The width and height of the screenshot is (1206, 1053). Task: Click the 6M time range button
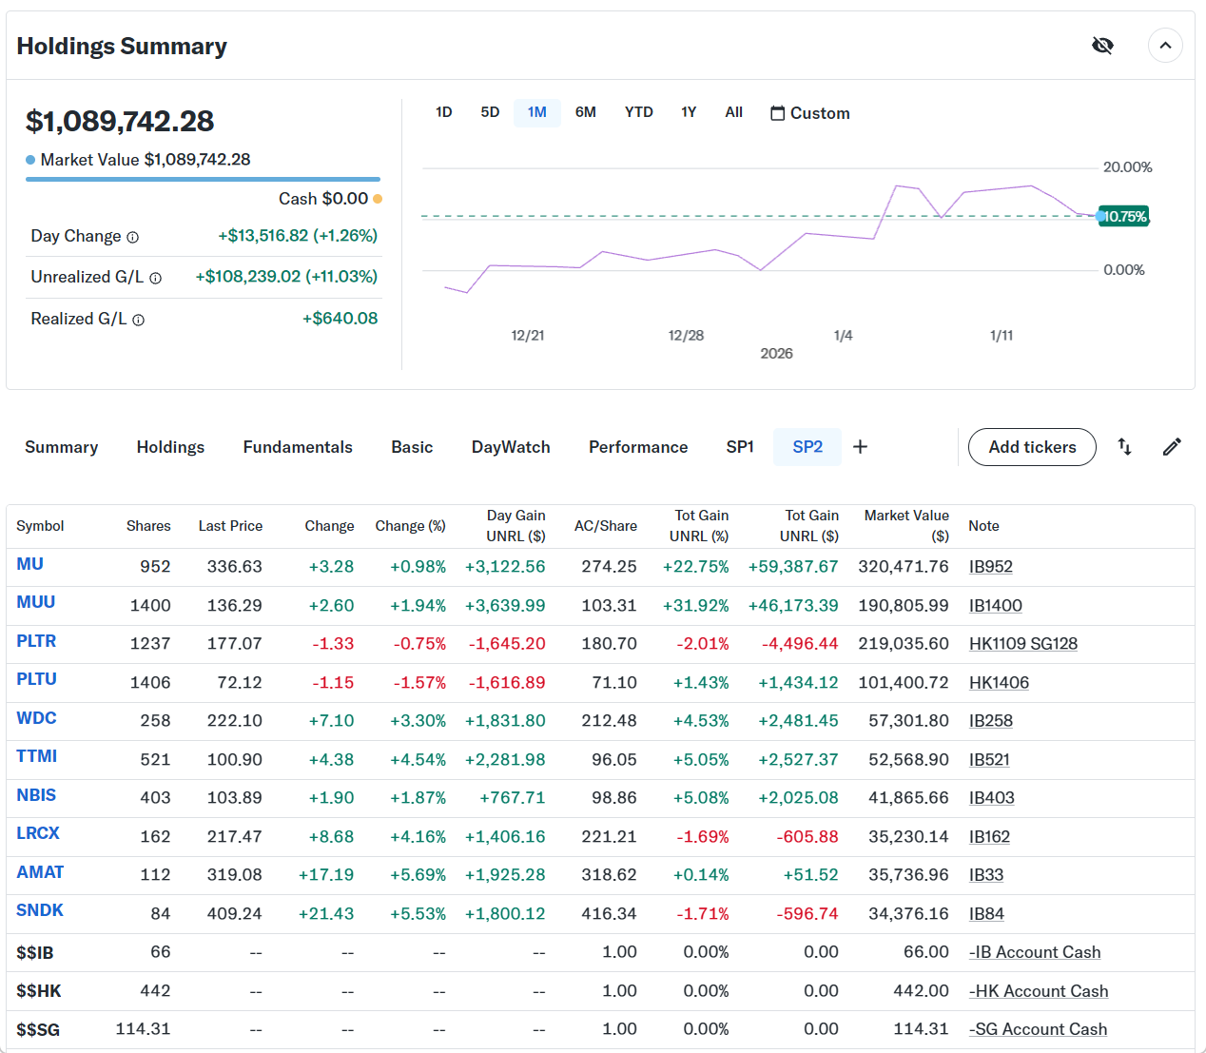pos(585,112)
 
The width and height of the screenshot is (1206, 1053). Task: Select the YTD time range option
pos(638,112)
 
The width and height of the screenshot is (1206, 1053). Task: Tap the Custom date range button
pos(809,113)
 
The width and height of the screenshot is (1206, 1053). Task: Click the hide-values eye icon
pos(1102,46)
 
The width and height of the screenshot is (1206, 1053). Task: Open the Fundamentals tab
pos(298,447)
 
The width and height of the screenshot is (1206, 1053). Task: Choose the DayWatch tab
pos(511,447)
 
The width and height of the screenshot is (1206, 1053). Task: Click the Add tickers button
pos(1032,447)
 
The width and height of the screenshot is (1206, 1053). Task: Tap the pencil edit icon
pos(1172,447)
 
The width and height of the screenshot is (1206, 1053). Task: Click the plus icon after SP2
pos(860,447)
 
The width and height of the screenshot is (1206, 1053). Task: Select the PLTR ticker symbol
pos(36,641)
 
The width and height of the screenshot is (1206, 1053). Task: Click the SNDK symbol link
pos(40,910)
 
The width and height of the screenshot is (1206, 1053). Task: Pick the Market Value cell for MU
pos(903,567)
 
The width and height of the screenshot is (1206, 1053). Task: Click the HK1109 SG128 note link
pos(1022,644)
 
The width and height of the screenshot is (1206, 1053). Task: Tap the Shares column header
pos(148,526)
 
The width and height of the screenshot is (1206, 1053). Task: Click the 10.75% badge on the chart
pos(1124,217)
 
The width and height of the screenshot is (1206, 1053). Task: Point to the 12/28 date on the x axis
pos(686,336)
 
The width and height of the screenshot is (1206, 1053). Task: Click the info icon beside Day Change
pos(133,237)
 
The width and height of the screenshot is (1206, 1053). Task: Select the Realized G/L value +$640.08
pos(340,319)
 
